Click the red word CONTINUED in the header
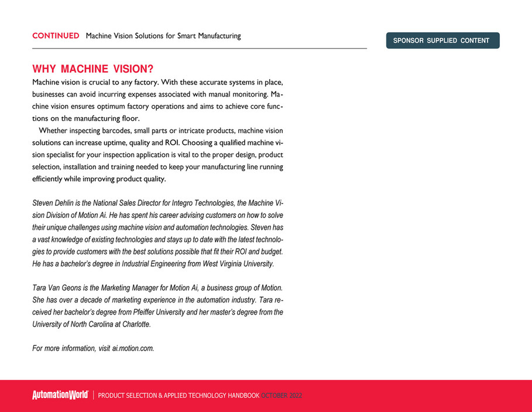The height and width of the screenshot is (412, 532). point(56,36)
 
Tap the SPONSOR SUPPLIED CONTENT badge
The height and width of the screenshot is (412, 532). point(442,40)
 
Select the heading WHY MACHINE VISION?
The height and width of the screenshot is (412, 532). point(92,70)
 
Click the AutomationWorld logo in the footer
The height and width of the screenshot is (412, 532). point(60,396)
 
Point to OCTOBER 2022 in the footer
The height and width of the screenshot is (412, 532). point(282,396)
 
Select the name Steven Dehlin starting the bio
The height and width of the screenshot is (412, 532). point(54,203)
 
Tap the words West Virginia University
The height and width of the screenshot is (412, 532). point(238,264)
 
